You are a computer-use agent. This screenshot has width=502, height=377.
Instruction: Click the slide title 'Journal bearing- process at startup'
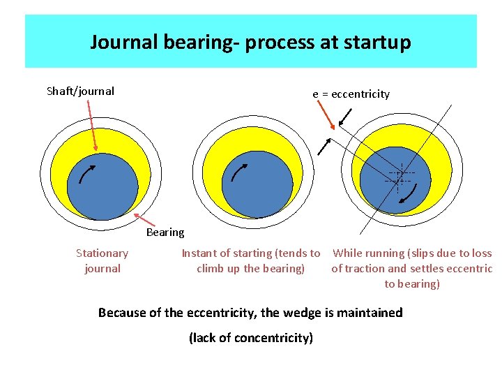(x=250, y=42)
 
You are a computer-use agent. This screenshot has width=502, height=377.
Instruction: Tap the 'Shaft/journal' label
(x=80, y=91)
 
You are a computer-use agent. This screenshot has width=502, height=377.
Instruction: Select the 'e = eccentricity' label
(x=351, y=94)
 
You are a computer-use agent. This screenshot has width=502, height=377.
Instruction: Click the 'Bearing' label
(x=165, y=232)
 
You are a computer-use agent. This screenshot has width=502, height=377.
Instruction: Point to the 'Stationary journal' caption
(x=102, y=260)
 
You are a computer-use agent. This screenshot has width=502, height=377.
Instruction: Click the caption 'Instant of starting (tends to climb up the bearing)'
(x=251, y=260)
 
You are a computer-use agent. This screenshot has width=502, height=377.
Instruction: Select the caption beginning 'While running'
(x=412, y=268)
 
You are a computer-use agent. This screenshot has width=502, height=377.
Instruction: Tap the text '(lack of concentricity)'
(x=251, y=338)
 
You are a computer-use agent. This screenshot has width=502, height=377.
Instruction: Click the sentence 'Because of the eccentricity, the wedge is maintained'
(x=250, y=312)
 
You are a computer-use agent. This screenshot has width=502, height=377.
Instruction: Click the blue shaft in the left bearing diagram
(x=102, y=188)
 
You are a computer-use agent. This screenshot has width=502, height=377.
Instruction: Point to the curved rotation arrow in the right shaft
(x=404, y=200)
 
